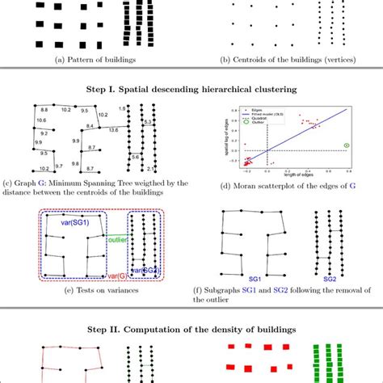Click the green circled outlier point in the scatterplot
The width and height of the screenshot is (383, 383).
tap(347, 145)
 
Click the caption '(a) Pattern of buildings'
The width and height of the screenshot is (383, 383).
tap(96, 59)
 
